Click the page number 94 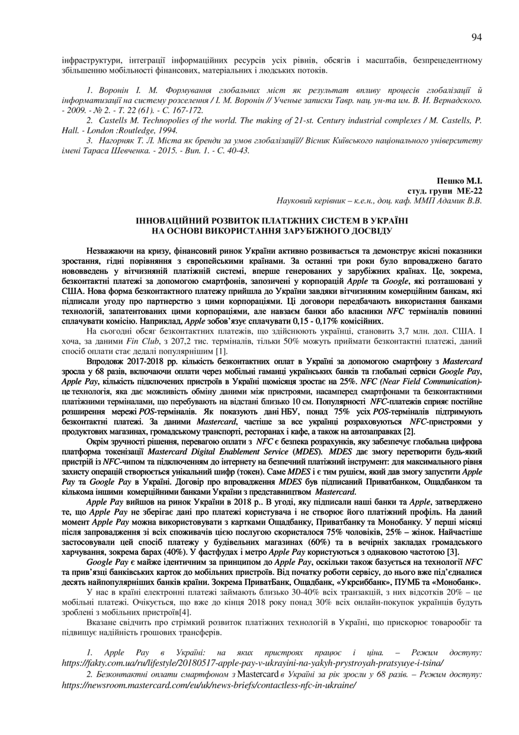(x=476, y=37)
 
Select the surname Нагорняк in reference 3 (x=115, y=142)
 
